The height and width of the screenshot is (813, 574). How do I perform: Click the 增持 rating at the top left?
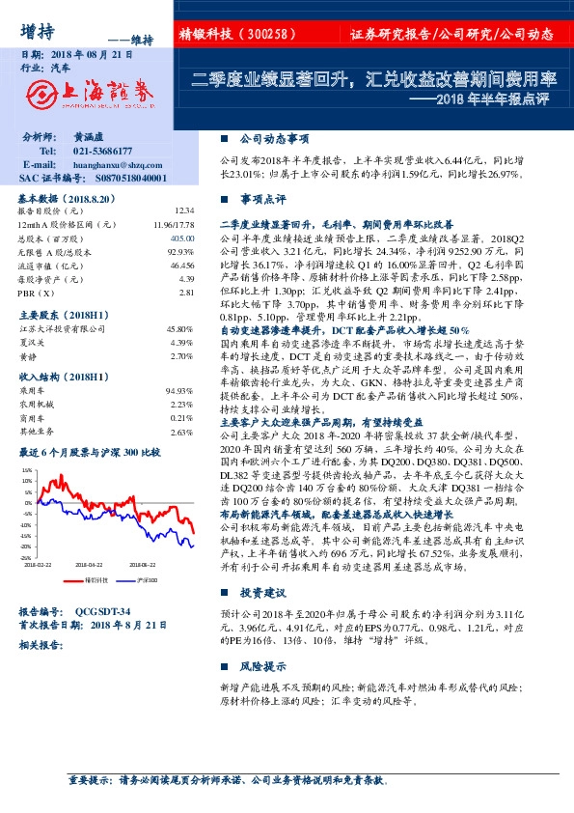pyautogui.click(x=37, y=29)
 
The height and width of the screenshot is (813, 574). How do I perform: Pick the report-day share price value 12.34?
pyautogui.click(x=185, y=210)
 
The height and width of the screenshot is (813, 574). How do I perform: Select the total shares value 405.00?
pyautogui.click(x=181, y=237)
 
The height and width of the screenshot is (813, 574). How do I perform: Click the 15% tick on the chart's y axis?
pyautogui.click(x=26, y=469)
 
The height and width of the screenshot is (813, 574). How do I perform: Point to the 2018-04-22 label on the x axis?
pyautogui.click(x=90, y=564)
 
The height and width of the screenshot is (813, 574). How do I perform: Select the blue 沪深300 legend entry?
pyautogui.click(x=142, y=580)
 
